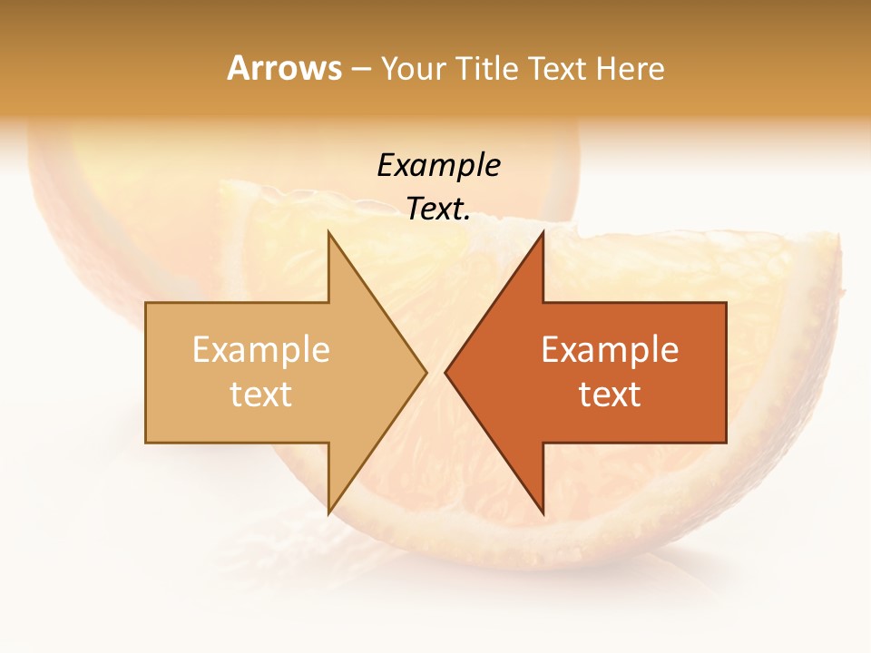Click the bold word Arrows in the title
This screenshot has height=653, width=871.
tap(285, 68)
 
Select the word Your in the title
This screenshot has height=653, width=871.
tap(413, 68)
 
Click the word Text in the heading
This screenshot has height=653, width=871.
tap(559, 68)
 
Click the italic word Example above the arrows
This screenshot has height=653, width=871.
tap(438, 165)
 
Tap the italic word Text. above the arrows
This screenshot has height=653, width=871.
tap(438, 209)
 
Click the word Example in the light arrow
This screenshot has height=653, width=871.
tap(261, 350)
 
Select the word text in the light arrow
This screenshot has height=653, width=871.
tap(261, 395)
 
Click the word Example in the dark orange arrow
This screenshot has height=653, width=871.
tap(610, 350)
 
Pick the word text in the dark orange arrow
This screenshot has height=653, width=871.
tap(610, 395)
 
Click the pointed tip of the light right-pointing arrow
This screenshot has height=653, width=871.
tap(426, 373)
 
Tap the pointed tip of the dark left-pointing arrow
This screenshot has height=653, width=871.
tap(445, 373)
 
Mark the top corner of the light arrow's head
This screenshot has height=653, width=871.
tap(328, 232)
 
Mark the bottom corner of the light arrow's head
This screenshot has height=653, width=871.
tap(328, 513)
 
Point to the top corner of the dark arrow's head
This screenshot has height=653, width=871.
tap(543, 232)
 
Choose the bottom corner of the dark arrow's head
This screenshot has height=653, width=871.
tap(543, 513)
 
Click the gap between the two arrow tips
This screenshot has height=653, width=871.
tap(436, 373)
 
